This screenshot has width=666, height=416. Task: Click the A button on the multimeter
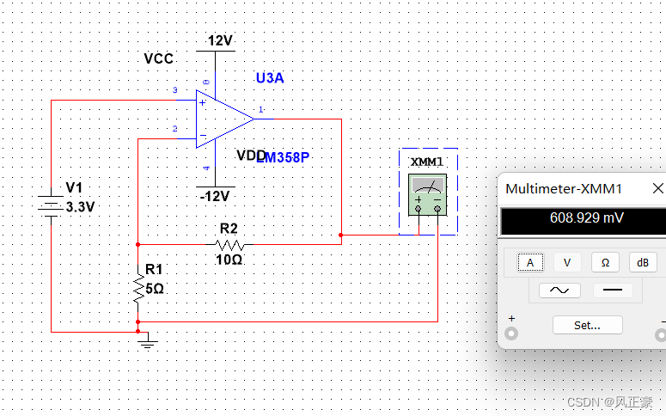tap(530, 263)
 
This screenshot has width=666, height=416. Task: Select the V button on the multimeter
tap(567, 263)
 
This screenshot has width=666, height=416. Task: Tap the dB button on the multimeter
tap(643, 263)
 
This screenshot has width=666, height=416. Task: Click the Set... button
tap(587, 325)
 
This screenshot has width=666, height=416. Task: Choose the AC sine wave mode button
tap(559, 291)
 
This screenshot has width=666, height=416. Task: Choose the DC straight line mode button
tap(613, 291)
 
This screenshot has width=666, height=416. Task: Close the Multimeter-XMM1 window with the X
tap(657, 188)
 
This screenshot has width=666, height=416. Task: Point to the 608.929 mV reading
tap(587, 218)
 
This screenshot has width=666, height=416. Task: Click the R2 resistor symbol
tap(229, 244)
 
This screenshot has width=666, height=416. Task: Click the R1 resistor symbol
tap(137, 288)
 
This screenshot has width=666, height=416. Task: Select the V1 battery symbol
tap(51, 207)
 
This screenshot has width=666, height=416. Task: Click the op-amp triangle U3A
tap(224, 118)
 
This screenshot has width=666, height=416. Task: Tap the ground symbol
tap(148, 344)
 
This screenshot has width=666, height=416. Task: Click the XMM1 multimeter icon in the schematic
tap(427, 194)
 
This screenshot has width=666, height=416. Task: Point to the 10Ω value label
tap(229, 259)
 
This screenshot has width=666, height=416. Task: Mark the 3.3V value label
tap(80, 207)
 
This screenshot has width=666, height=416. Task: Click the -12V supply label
tap(214, 196)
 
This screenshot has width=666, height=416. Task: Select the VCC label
tap(159, 58)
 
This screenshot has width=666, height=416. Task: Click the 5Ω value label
tap(155, 289)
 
